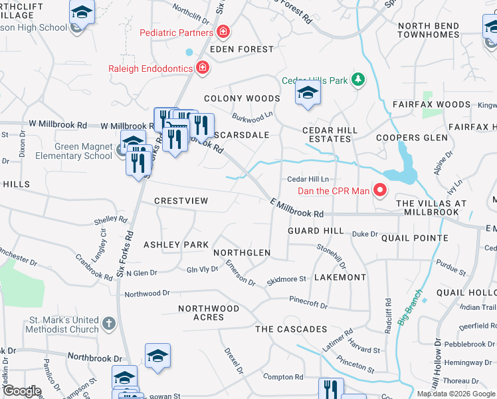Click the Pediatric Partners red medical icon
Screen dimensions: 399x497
[224, 32]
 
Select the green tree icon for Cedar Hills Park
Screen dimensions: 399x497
[358, 80]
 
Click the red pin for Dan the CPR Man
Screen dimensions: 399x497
[379, 191]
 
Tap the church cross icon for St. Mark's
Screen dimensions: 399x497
[110, 325]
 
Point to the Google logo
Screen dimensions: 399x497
[22, 391]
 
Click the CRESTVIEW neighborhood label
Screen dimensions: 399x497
[181, 201]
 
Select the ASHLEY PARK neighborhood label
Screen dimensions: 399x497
[176, 245]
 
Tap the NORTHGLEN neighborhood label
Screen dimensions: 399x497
[242, 253]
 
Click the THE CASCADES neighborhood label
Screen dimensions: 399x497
[291, 329]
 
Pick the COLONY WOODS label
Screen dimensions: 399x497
[242, 98]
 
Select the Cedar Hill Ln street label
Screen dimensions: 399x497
[308, 179]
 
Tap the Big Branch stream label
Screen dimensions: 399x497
[410, 307]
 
